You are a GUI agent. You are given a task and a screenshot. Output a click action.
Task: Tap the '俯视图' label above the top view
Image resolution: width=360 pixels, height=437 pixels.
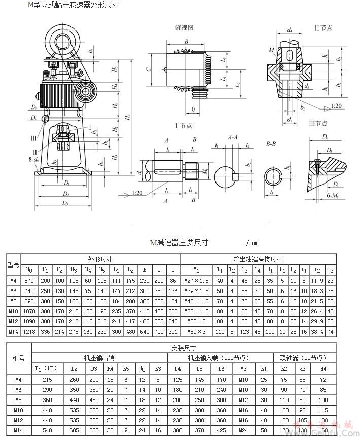pos(184,28)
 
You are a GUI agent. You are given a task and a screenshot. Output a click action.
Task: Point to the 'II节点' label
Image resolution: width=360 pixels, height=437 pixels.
pos(323,28)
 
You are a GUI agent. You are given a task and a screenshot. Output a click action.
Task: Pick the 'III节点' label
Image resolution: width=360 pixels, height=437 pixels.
pos(318,123)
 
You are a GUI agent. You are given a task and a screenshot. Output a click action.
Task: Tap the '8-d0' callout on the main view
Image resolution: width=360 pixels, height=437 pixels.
pos(34,159)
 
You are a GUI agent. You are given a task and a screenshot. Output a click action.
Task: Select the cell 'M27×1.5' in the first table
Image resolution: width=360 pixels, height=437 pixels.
pos(196,280)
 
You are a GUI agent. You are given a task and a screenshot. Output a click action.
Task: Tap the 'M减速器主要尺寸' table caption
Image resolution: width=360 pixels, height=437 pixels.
pos(181,243)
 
